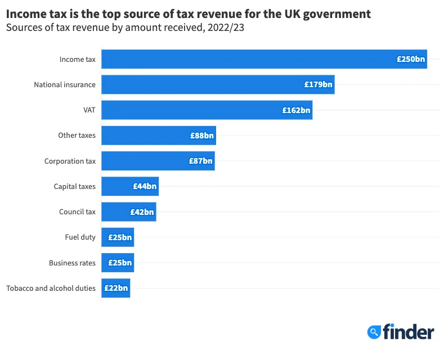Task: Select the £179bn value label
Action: (x=319, y=85)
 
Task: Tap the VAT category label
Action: (x=89, y=110)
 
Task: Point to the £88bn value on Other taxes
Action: (x=201, y=136)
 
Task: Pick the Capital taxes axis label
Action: (x=74, y=186)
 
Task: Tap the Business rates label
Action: (x=72, y=263)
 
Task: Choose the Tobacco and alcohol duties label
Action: (x=51, y=289)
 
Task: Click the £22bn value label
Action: (x=116, y=289)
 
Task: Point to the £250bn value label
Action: (x=411, y=59)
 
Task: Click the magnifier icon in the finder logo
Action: (x=374, y=332)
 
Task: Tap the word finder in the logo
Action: (x=409, y=332)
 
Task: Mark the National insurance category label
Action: (x=65, y=85)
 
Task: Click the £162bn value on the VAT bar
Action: (x=296, y=110)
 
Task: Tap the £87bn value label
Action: (x=200, y=161)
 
